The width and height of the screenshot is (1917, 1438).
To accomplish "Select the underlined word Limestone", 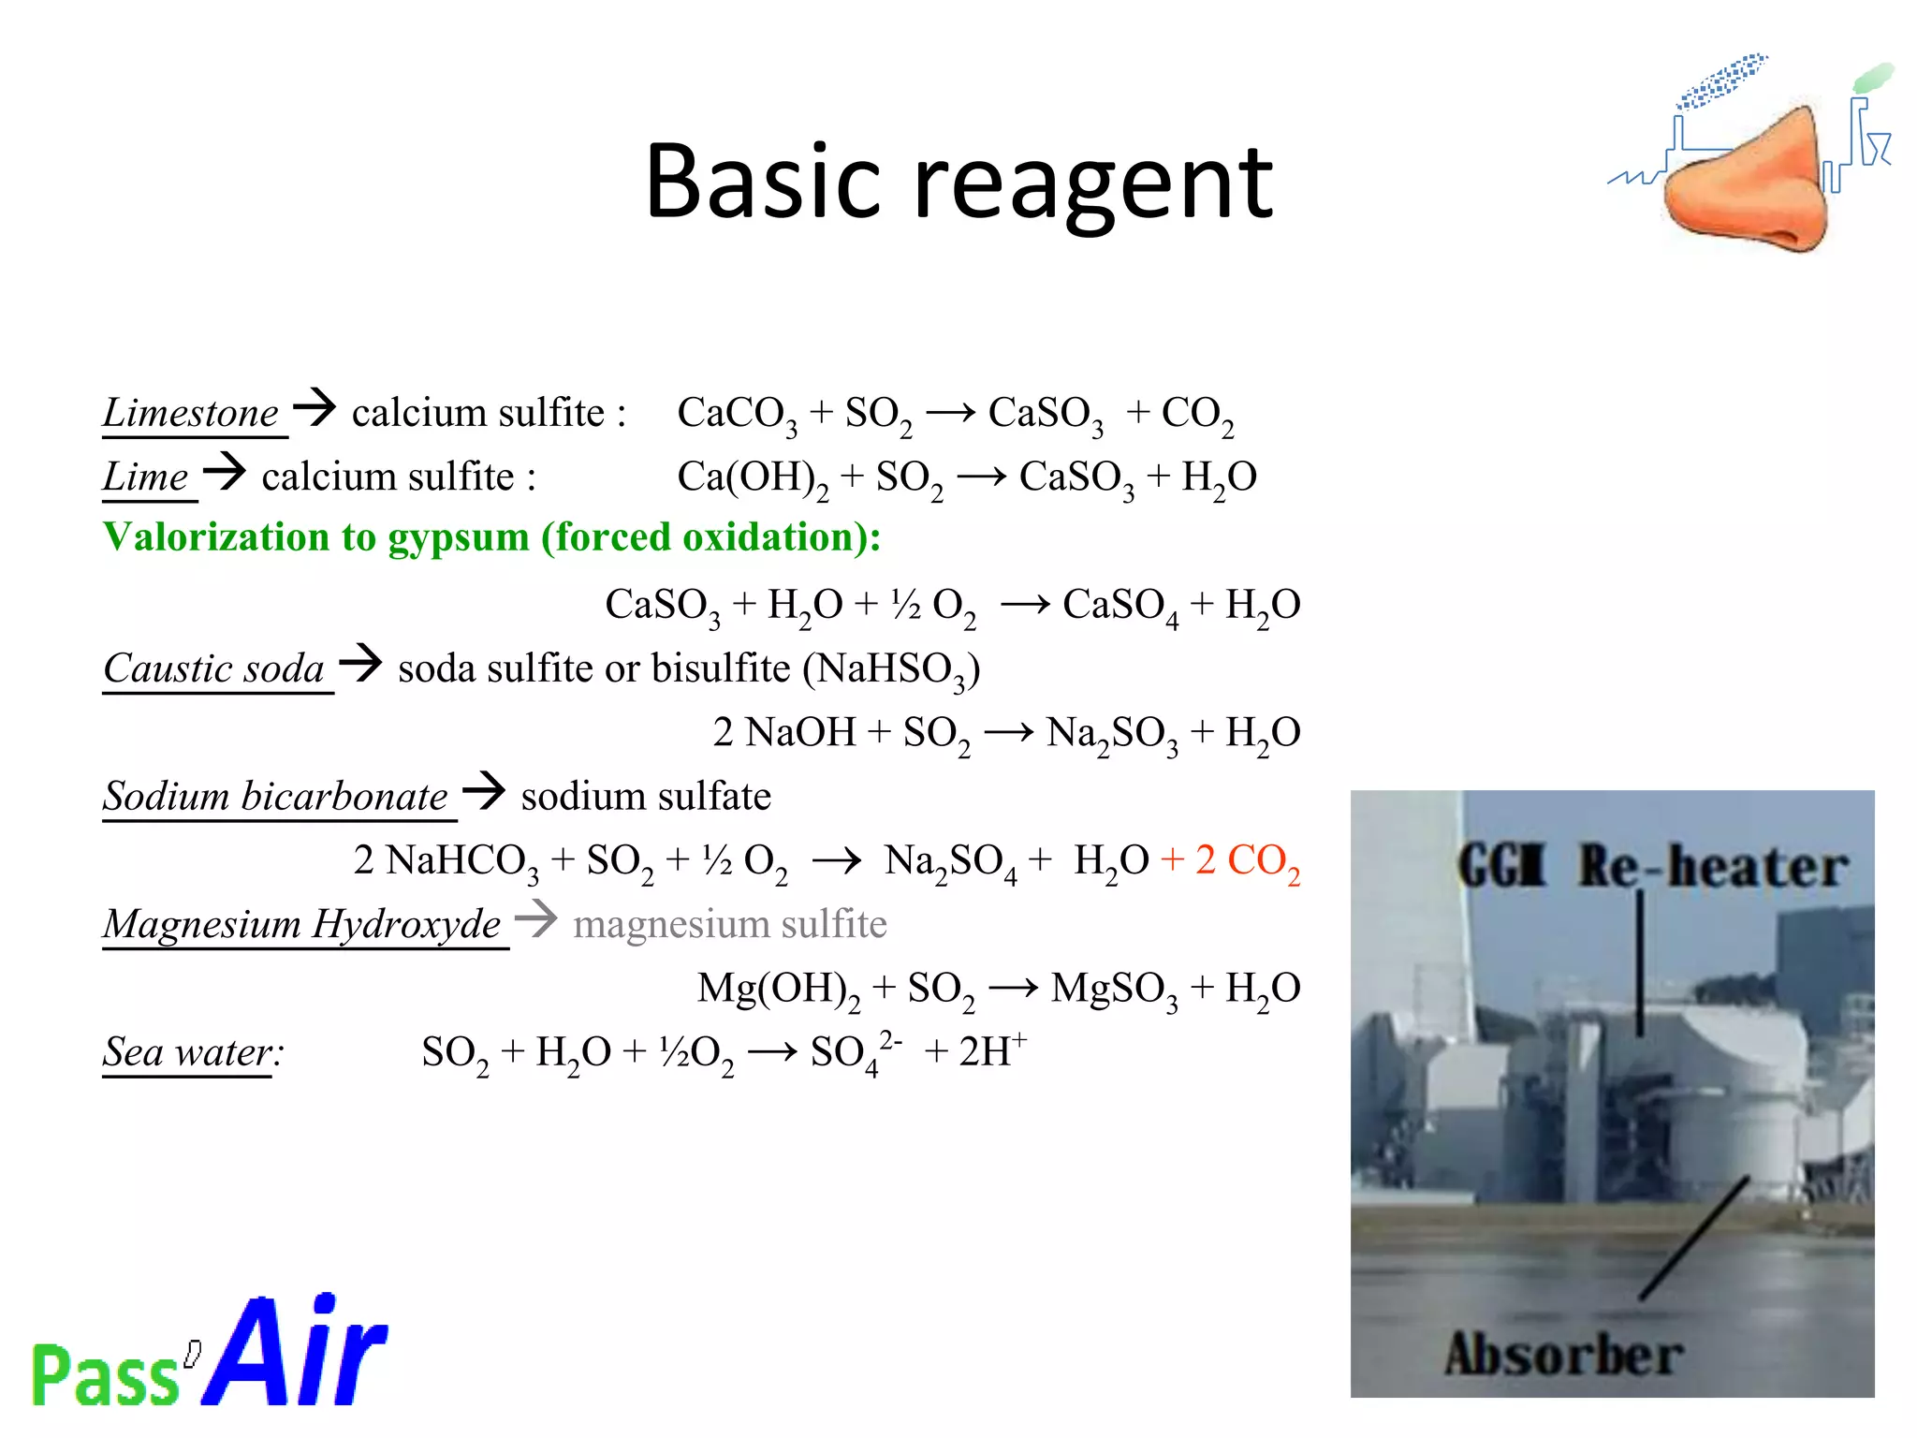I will [191, 413].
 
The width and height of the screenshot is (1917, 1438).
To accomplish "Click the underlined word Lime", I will [146, 477].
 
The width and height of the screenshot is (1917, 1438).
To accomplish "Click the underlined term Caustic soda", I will [214, 668].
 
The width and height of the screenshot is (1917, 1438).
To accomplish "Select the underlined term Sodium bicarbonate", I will [276, 797].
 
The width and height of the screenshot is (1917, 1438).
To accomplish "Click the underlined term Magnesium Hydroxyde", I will [302, 924].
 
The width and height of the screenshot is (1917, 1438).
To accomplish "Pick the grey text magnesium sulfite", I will [729, 924].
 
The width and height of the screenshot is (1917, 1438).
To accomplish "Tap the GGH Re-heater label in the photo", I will [1652, 866].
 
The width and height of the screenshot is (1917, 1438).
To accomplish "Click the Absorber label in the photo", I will [1562, 1355].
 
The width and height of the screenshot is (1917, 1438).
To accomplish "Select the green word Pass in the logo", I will [105, 1374].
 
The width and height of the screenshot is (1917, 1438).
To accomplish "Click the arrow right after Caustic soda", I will [361, 663].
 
